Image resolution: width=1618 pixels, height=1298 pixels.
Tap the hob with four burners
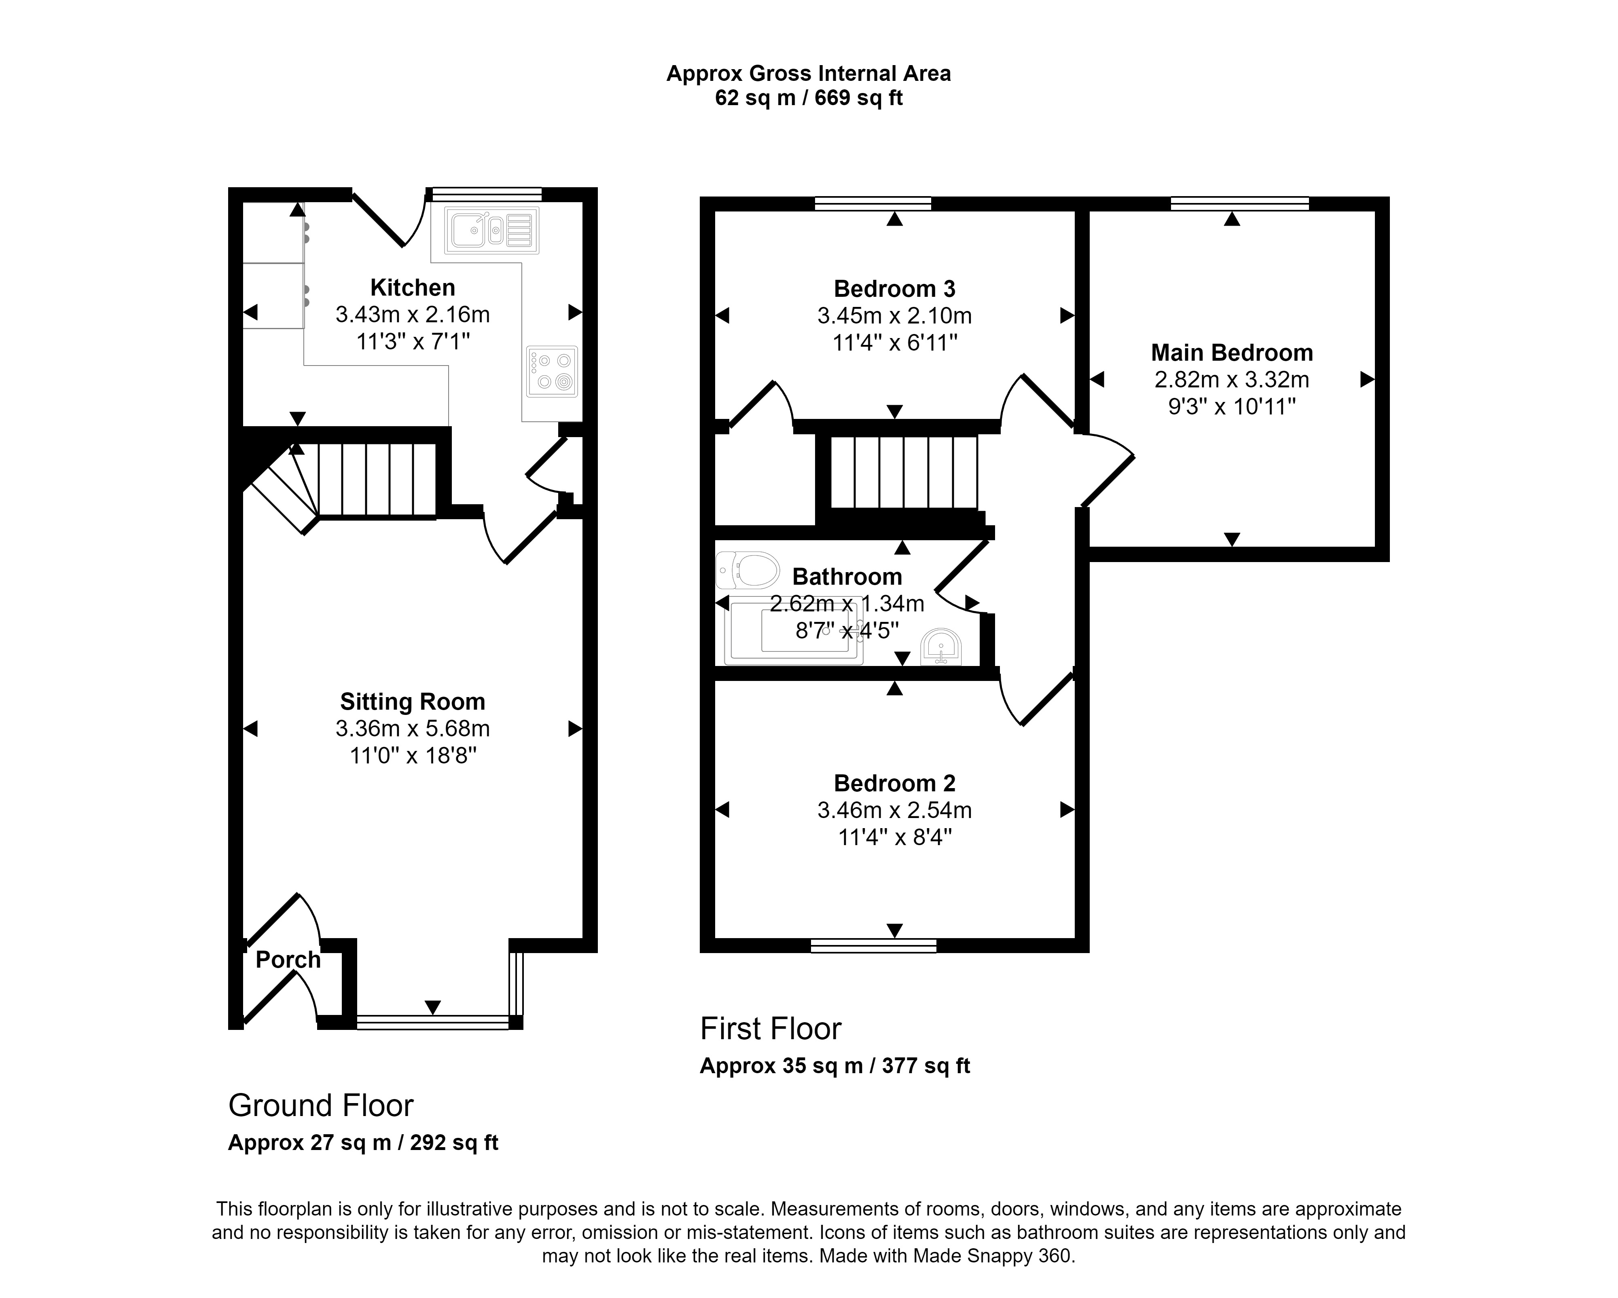click(x=552, y=371)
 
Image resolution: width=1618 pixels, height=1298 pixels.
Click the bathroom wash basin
click(x=941, y=647)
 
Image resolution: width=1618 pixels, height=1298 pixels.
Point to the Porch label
click(x=288, y=960)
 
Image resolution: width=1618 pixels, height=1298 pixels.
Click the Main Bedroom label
click(x=1232, y=353)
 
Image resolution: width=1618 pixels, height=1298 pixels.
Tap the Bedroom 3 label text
click(x=895, y=289)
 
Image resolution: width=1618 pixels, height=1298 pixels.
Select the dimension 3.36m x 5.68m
click(x=413, y=729)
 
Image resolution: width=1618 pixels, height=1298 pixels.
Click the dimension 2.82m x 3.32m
click(x=1232, y=380)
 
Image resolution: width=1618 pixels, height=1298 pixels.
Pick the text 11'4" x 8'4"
click(x=895, y=837)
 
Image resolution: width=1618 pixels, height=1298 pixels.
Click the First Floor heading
click(x=771, y=1029)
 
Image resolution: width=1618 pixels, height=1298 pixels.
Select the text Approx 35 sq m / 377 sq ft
click(x=834, y=1066)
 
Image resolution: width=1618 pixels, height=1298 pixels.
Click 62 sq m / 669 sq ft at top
click(x=808, y=98)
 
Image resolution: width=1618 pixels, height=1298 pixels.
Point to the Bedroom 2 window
click(x=874, y=946)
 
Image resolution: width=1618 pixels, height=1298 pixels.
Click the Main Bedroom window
click(x=1240, y=203)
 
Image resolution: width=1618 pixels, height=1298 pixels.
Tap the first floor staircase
click(x=904, y=473)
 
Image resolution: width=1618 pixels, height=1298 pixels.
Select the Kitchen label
click(x=413, y=288)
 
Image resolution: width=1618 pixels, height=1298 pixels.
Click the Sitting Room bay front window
click(x=433, y=1022)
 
